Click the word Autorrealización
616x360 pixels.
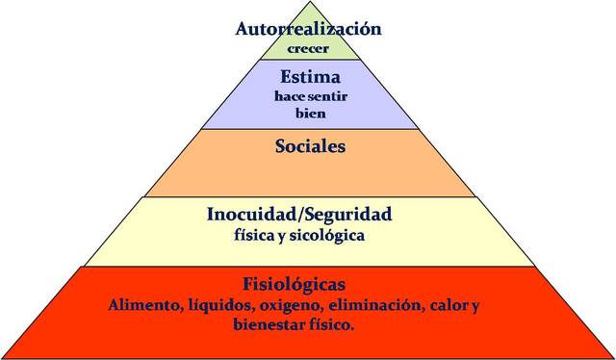(308, 29)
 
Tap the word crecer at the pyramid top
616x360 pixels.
(308, 46)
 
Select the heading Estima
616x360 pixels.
(308, 76)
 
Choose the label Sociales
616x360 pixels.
(308, 147)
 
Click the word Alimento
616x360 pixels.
(144, 305)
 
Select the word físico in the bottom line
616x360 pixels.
(330, 325)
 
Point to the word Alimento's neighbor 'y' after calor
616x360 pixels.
(475, 307)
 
